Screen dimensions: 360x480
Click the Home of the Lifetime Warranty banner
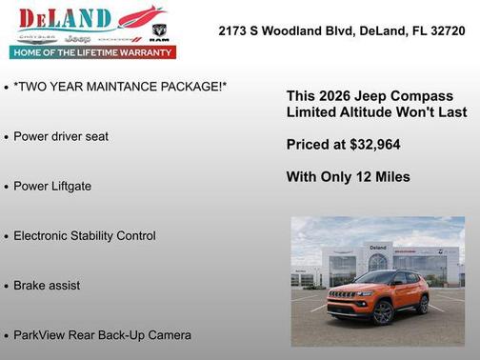[x=93, y=52]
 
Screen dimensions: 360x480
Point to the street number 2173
[x=233, y=30]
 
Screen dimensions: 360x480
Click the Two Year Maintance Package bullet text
[x=120, y=87]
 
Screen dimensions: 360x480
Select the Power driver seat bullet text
[x=61, y=136]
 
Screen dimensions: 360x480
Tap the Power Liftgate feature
[x=52, y=186]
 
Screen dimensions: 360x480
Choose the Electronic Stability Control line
[x=85, y=235]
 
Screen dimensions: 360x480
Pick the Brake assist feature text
[x=47, y=285]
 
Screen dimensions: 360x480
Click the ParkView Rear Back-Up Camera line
[x=102, y=335]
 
